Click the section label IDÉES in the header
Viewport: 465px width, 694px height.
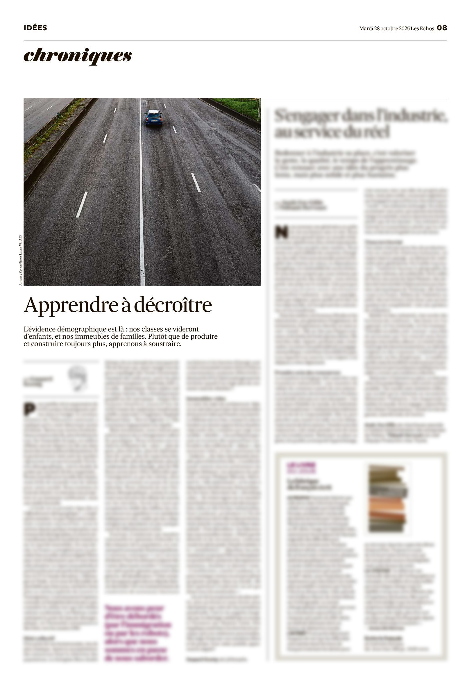(x=35, y=28)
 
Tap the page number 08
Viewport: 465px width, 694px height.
(x=442, y=28)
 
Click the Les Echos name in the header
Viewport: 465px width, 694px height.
(x=422, y=28)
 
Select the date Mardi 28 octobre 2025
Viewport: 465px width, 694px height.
(x=384, y=28)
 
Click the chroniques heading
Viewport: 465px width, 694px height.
(x=77, y=56)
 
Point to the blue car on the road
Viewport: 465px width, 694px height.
(x=153, y=118)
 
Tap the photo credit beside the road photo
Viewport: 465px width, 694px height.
(x=20, y=260)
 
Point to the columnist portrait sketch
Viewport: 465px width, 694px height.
(x=78, y=378)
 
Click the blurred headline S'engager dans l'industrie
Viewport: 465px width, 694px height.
(x=361, y=123)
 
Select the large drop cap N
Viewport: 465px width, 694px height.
(x=281, y=232)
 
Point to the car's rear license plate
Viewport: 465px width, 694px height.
(x=154, y=121)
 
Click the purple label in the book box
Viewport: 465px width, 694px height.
(x=301, y=468)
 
